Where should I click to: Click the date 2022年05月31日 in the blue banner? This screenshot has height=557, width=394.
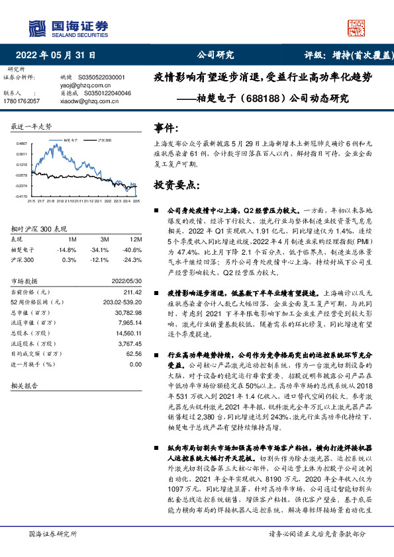pyautogui.click(x=56, y=56)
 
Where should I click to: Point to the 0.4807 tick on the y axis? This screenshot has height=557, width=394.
pyautogui.click(x=22, y=144)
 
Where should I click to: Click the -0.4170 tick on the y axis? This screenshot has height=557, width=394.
pyautogui.click(x=22, y=196)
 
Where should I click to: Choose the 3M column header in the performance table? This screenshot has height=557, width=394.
pyautogui.click(x=105, y=238)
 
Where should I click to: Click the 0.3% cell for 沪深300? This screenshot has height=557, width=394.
pyautogui.click(x=70, y=260)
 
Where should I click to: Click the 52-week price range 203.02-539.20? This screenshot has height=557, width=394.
pyautogui.click(x=121, y=302)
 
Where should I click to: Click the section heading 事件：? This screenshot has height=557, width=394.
pyautogui.click(x=166, y=127)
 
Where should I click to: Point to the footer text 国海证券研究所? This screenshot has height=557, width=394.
pyautogui.click(x=50, y=533)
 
